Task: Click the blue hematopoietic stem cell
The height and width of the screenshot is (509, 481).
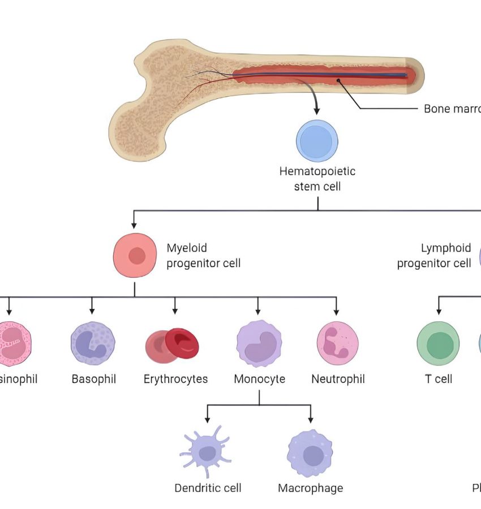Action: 317,140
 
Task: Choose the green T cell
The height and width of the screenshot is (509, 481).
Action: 438,345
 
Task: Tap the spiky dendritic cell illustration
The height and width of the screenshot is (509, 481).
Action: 207,452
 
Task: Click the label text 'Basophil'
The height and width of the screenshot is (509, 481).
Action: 94,379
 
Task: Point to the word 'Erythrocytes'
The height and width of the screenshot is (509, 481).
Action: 175,379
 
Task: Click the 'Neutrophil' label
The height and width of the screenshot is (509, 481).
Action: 338,379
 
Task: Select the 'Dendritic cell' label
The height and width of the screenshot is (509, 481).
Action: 208,488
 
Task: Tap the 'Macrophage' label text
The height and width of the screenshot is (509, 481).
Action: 310,488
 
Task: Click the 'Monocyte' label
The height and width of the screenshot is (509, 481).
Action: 259,379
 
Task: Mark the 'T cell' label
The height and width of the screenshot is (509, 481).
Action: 439,379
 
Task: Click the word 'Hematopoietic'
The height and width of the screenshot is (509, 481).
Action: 317,171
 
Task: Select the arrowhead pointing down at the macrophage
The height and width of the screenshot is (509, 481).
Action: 311,420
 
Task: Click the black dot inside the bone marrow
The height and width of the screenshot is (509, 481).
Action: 338,81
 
